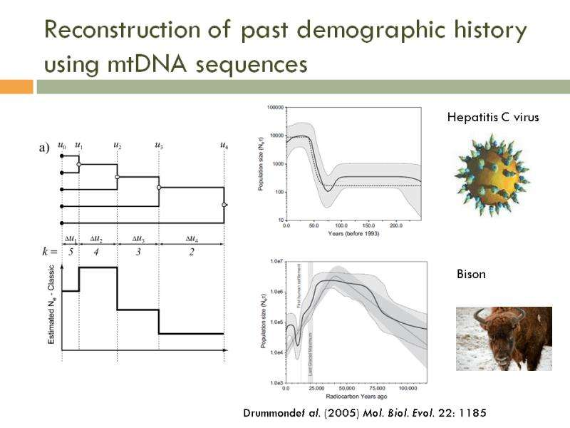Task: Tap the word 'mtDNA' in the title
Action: [146, 65]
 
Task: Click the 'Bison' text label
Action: [470, 274]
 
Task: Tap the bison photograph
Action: [504, 338]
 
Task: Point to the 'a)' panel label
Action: [43, 148]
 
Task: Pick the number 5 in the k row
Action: [71, 252]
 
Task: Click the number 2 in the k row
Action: [191, 252]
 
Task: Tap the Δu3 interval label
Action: [138, 239]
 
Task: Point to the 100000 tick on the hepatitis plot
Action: [275, 108]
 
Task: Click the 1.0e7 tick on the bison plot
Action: [276, 262]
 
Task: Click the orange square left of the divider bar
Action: [16, 86]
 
